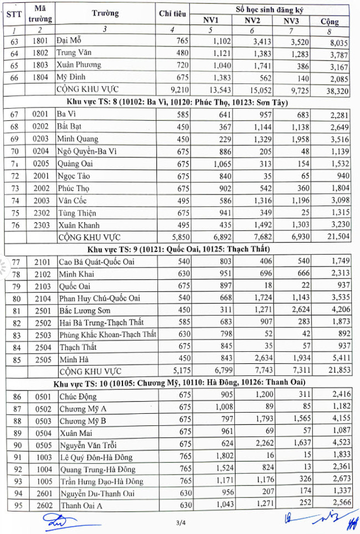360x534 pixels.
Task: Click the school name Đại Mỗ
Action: click(73, 40)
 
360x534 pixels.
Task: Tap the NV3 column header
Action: click(293, 21)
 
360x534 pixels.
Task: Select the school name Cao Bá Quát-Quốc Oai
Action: click(97, 261)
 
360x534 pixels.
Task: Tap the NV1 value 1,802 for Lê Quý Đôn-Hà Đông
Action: click(214, 457)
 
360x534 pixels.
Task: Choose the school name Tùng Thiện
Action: click(77, 213)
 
